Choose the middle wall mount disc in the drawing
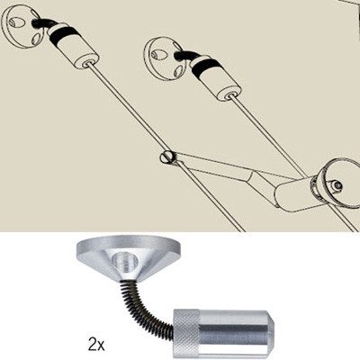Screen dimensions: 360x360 [163, 56]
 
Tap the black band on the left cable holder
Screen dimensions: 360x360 [66, 40]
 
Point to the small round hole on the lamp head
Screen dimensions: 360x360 [337, 186]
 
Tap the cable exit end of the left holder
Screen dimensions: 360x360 [89, 64]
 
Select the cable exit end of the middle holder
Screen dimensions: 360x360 [236, 93]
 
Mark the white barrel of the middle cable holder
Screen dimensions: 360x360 [222, 82]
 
